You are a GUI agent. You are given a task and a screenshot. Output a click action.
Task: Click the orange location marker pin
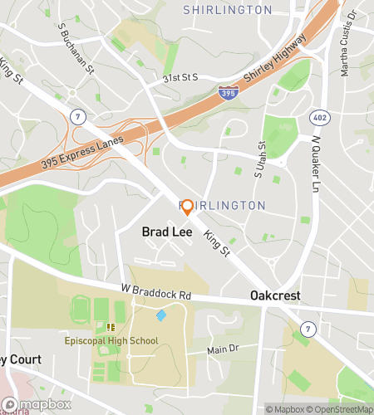(187, 207)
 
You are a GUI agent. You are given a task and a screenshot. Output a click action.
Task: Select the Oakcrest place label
(275, 296)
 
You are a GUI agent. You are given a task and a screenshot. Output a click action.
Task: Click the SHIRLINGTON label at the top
(227, 10)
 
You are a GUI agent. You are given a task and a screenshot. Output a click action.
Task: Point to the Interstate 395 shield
(225, 93)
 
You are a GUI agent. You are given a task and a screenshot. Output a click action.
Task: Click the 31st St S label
(180, 77)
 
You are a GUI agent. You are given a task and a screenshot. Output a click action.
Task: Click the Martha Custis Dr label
(348, 41)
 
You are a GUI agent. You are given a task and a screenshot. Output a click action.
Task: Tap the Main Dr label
(217, 349)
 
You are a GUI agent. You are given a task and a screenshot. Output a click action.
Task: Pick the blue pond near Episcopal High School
(161, 315)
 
